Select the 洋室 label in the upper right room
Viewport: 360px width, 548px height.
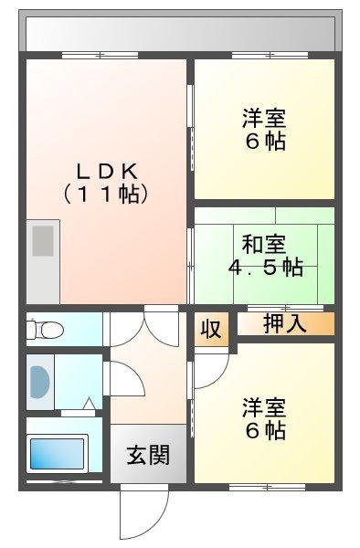(263, 119)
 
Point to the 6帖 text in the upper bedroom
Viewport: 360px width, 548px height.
(263, 142)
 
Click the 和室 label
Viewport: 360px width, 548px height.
(263, 245)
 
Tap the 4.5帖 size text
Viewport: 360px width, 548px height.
(265, 268)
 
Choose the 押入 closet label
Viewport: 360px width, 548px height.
(284, 322)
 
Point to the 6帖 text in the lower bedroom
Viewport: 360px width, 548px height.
(263, 429)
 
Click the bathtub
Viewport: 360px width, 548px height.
(56, 452)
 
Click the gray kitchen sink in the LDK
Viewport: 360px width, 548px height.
(43, 242)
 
